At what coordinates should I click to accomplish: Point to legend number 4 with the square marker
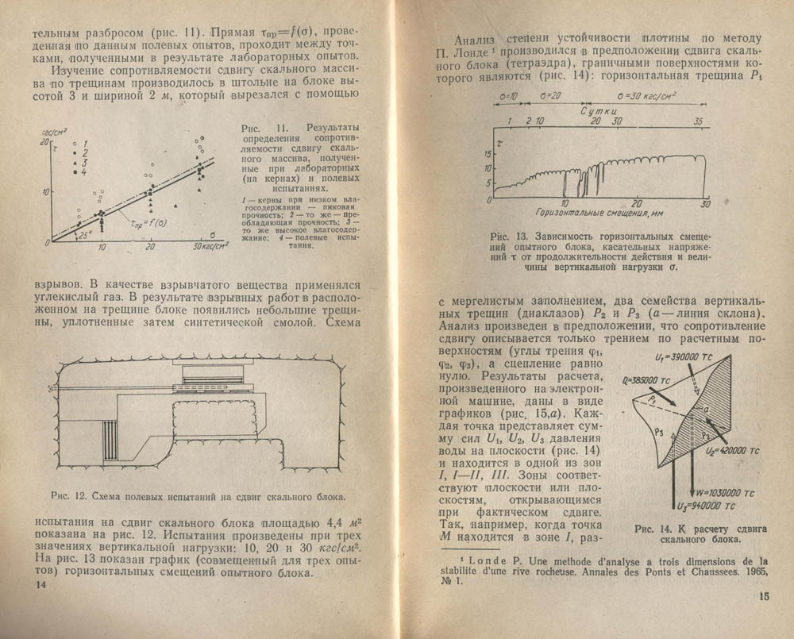point(83,171)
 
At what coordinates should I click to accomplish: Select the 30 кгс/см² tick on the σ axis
point(209,248)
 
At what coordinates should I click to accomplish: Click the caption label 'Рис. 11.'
point(256,128)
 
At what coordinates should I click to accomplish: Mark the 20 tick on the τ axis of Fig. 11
point(45,141)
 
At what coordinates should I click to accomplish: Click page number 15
point(763,597)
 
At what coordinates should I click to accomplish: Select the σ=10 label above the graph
point(504,95)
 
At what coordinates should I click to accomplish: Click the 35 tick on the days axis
point(699,122)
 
